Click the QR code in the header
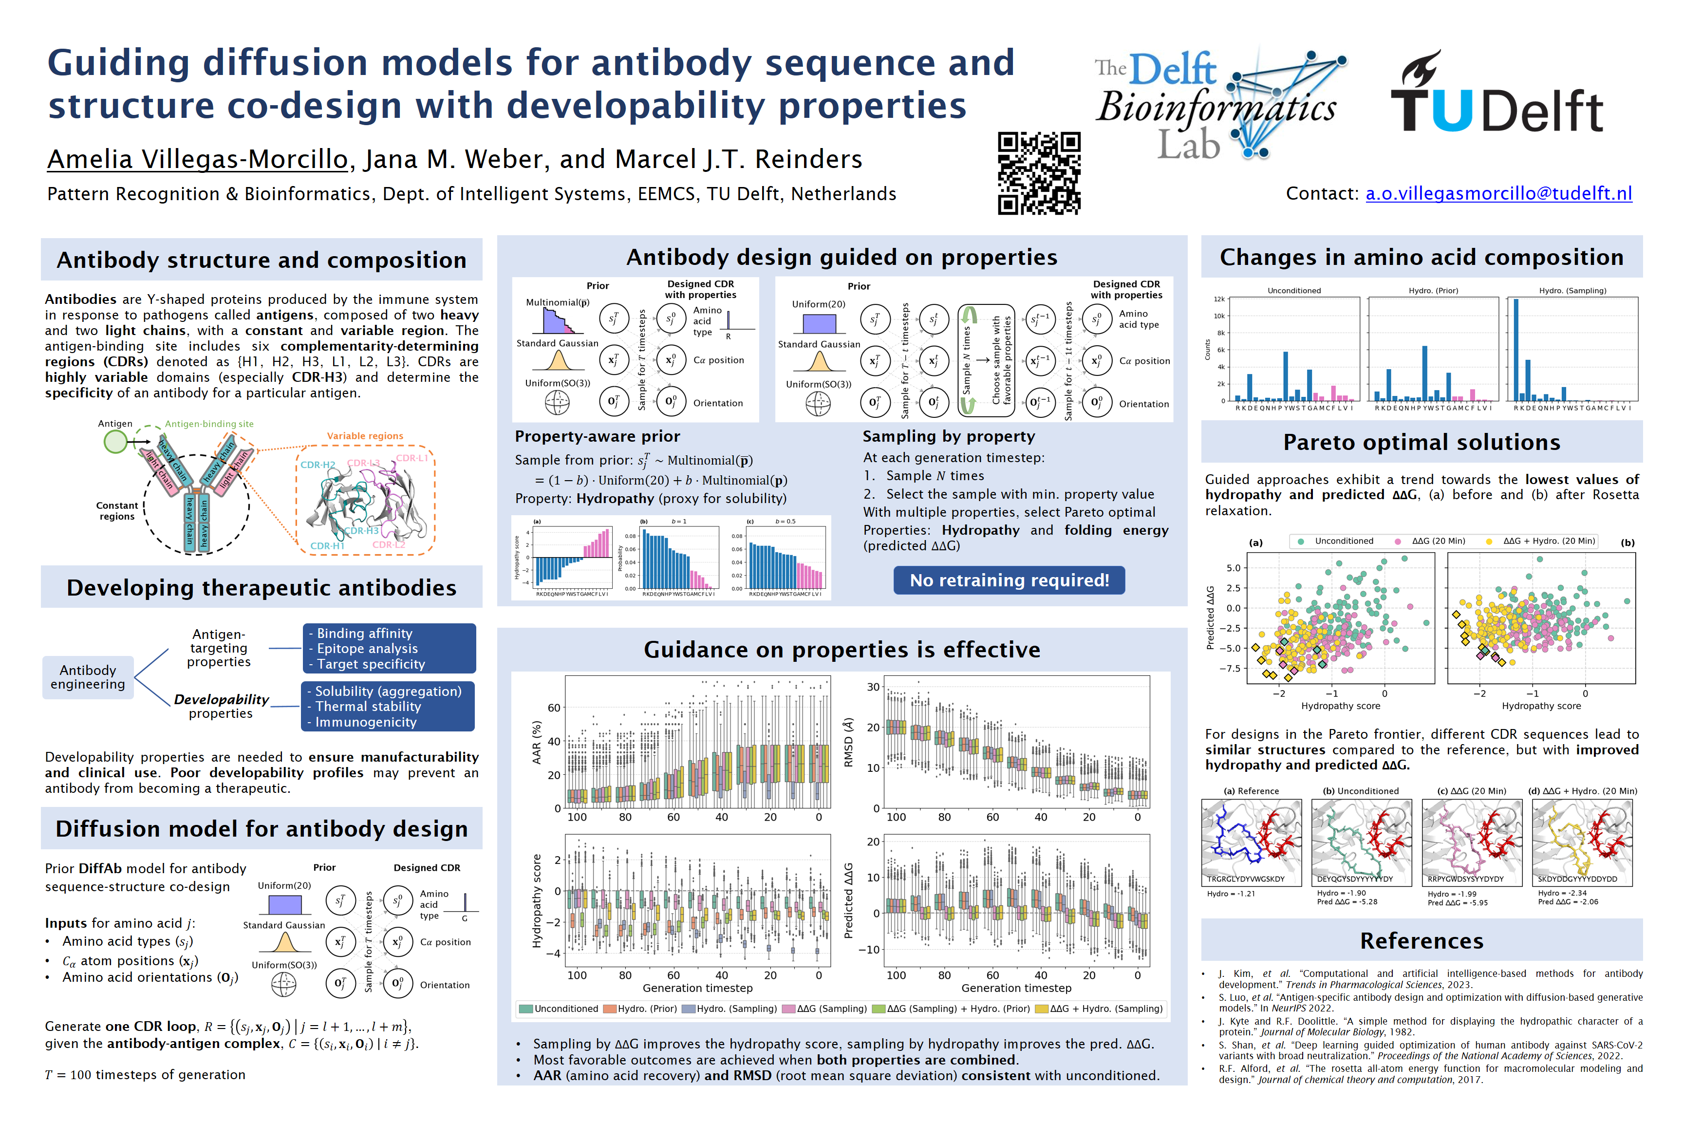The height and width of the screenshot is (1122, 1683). (x=1039, y=173)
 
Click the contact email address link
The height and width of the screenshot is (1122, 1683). (x=1498, y=193)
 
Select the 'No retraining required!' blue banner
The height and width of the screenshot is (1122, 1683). (x=1009, y=580)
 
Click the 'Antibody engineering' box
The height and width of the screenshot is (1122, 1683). (x=88, y=677)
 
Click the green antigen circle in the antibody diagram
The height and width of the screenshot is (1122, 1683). (x=115, y=442)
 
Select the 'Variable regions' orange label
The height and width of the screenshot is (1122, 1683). (x=365, y=436)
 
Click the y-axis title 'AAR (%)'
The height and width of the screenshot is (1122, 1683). (x=537, y=742)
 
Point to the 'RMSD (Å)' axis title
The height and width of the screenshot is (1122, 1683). (x=849, y=742)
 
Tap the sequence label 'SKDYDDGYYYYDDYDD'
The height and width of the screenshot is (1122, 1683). (x=1577, y=879)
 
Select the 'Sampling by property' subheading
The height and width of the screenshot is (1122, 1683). (x=948, y=436)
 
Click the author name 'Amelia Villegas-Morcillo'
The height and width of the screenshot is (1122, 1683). (x=198, y=159)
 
